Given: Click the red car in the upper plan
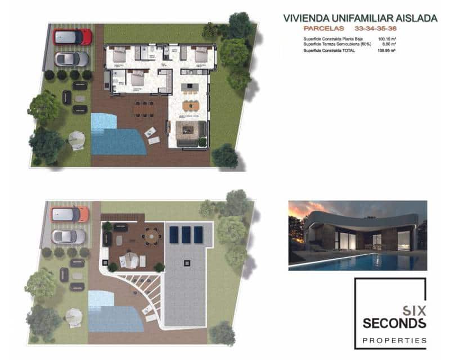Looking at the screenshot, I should [72, 37].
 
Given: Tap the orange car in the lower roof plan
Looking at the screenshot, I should [70, 214].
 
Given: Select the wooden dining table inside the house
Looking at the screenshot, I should [191, 105].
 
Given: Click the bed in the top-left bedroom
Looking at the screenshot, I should [120, 55].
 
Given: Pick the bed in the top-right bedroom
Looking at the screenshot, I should [201, 55].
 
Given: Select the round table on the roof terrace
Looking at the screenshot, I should [151, 238].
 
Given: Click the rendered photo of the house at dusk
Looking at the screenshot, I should [357, 235].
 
